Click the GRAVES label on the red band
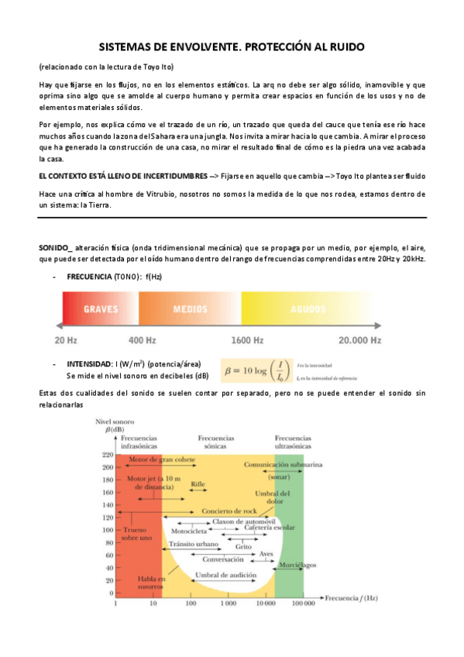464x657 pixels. [100, 308]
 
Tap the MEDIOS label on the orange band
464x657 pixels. [190, 308]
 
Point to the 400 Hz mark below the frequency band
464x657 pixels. [142, 339]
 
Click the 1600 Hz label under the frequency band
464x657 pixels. [247, 339]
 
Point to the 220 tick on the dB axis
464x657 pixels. [107, 455]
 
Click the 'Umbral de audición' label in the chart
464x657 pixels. [222, 575]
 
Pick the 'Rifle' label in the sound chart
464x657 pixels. [198, 483]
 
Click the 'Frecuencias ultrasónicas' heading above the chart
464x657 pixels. [293, 442]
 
